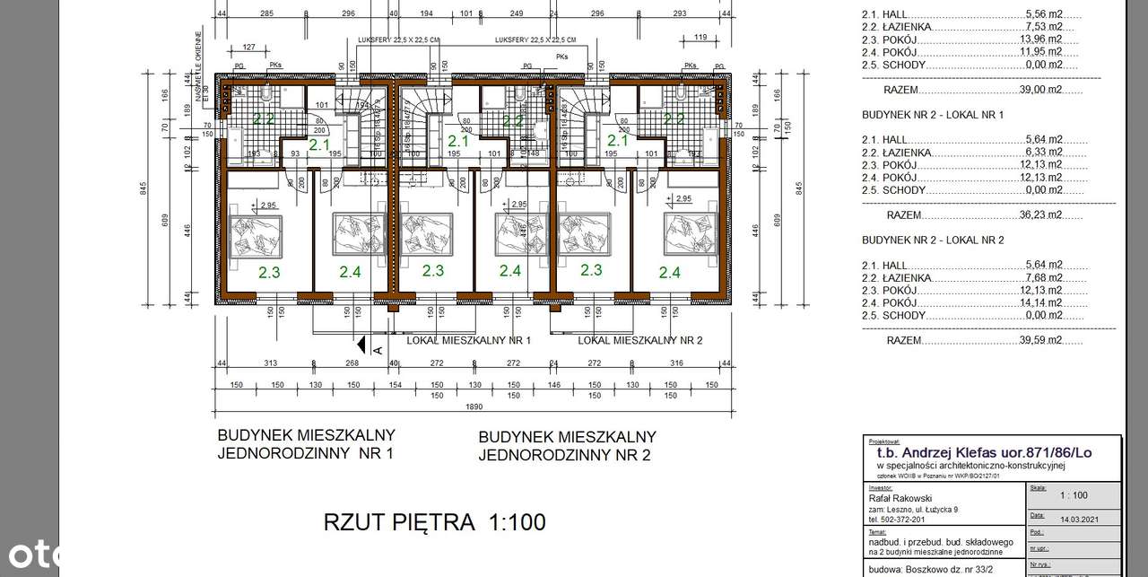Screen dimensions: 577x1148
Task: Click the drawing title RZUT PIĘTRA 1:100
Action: [434, 521]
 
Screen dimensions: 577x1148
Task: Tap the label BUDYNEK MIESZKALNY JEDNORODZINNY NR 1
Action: [306, 444]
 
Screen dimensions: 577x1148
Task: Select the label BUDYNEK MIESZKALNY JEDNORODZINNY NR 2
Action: [567, 446]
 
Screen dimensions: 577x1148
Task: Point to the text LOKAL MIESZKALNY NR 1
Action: [469, 340]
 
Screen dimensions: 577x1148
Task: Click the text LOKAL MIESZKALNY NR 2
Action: [639, 340]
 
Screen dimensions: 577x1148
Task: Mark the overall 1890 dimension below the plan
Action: [474, 407]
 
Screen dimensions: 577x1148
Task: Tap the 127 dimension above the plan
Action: [249, 48]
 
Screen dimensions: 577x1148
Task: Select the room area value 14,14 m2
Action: [1043, 302]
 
